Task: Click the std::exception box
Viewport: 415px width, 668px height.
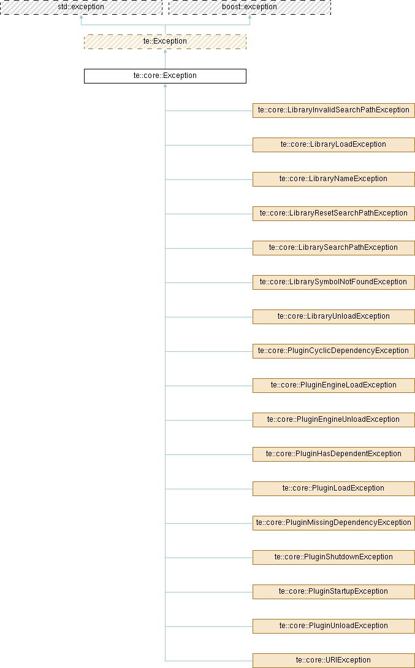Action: [81, 7]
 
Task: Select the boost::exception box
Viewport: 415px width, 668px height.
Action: [249, 7]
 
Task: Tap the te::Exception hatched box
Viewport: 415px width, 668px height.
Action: [165, 42]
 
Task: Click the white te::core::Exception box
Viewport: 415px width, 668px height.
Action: [165, 76]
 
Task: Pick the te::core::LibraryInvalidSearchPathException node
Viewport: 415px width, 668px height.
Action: [333, 111]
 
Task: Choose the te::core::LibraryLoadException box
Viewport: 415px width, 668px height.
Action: [333, 145]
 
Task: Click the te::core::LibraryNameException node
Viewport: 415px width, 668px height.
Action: [333, 179]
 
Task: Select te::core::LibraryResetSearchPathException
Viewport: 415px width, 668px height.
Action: [333, 214]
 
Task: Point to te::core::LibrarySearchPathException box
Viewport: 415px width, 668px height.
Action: [333, 248]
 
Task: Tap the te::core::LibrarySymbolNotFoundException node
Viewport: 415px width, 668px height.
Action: [333, 282]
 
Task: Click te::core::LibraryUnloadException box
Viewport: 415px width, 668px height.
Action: [333, 317]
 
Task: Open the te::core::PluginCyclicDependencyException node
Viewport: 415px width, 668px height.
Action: [333, 351]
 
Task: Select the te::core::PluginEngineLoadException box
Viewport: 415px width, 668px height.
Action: [333, 386]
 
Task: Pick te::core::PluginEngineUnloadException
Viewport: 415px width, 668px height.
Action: [333, 420]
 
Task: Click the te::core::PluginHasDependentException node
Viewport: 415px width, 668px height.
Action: [333, 454]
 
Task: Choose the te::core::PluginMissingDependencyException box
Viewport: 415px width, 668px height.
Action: [333, 523]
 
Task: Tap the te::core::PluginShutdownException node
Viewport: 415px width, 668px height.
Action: [333, 557]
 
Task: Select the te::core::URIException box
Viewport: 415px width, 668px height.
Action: [333, 661]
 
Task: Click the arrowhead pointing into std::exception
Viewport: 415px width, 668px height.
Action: [81, 18]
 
